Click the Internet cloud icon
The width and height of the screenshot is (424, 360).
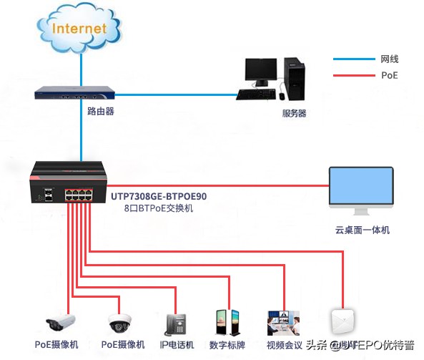point(80,30)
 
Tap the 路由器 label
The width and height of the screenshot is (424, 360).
point(101,112)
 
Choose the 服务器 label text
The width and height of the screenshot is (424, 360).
point(294,113)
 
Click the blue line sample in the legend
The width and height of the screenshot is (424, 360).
point(351,59)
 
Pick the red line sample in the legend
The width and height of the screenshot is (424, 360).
point(351,75)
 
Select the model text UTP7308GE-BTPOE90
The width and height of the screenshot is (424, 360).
point(158,195)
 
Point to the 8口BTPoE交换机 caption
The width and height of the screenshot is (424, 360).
point(152,208)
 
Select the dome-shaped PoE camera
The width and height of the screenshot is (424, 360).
point(120,323)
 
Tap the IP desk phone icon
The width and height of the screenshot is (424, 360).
point(175,323)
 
